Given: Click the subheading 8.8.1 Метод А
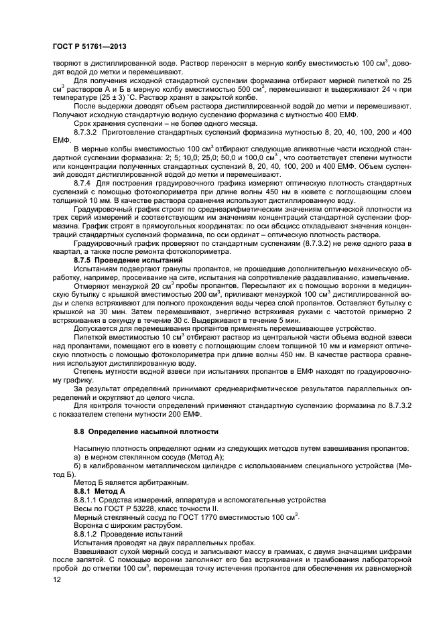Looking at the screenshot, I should point(99,491).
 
